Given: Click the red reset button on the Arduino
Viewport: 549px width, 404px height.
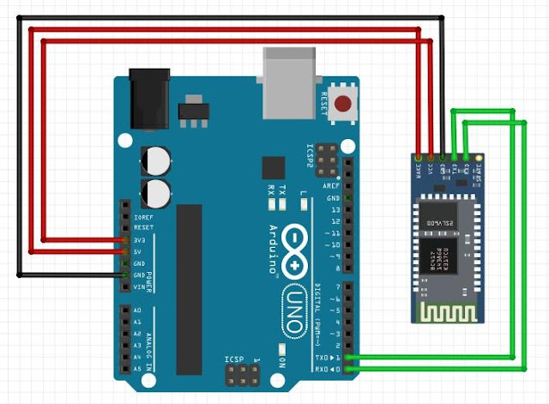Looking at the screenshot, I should click(344, 106).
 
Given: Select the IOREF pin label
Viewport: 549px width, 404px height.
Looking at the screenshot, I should click(142, 219).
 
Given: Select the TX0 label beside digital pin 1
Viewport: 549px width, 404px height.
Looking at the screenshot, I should click(323, 356).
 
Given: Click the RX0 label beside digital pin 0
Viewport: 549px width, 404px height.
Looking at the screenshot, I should click(323, 368).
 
